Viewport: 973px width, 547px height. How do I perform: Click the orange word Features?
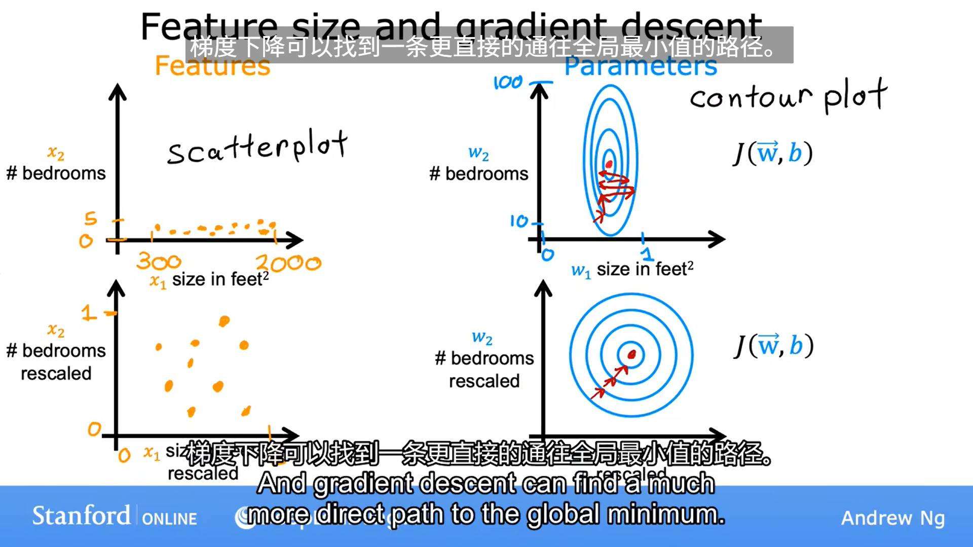point(212,66)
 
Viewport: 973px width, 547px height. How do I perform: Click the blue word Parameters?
point(641,66)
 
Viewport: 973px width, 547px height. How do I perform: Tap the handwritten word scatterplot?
point(257,147)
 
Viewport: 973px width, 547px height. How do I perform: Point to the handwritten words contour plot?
point(788,96)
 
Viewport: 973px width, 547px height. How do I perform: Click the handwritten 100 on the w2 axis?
point(508,82)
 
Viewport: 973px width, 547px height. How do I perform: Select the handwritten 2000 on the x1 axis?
point(288,263)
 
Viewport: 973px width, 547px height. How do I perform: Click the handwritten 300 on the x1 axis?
point(159,262)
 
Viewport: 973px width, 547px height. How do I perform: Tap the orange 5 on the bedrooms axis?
point(90,218)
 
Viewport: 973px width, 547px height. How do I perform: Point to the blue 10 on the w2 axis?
point(519,221)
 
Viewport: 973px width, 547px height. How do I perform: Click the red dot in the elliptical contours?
point(609,164)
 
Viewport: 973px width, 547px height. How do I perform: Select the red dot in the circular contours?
point(631,354)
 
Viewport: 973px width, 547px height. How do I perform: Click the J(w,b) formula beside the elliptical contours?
point(773,153)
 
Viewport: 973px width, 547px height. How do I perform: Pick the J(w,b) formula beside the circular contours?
point(773,346)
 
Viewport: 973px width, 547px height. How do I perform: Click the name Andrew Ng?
point(893,518)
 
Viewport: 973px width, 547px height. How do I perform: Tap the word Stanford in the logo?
point(81,516)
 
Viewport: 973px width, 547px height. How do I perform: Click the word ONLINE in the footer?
point(169,519)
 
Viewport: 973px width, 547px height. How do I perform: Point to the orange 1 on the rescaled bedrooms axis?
point(89,313)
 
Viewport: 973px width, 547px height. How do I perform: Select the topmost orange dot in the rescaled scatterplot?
point(224,320)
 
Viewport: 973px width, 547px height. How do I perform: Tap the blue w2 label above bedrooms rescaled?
point(482,338)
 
